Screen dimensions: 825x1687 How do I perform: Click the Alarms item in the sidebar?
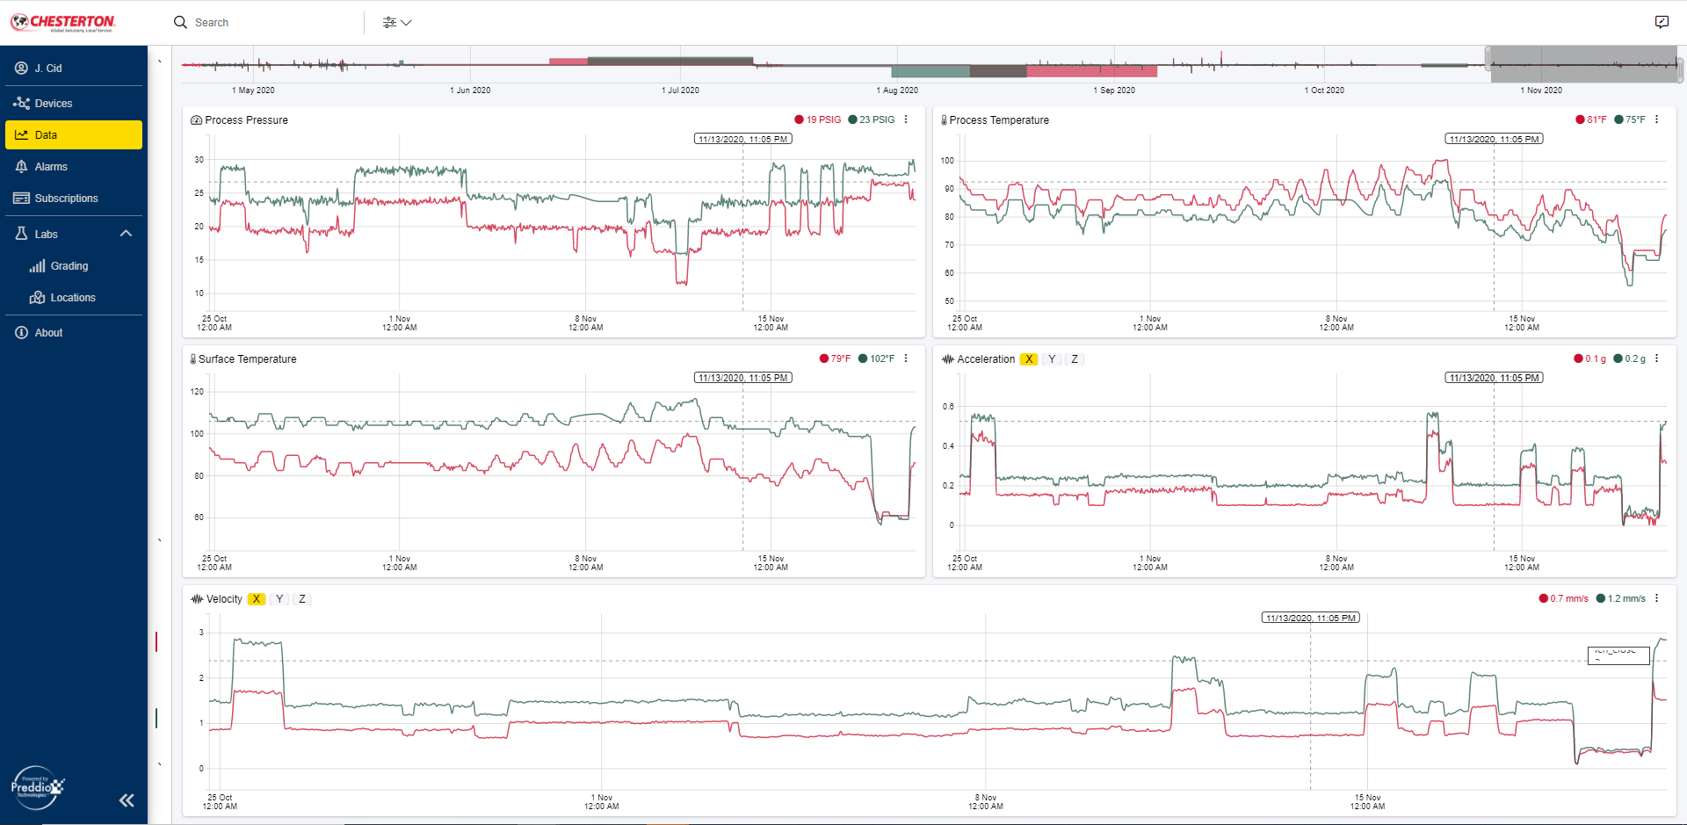click(51, 167)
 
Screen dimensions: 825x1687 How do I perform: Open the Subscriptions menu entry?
click(66, 199)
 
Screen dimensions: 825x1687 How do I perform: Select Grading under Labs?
click(69, 266)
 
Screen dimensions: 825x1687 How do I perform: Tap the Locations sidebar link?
click(72, 298)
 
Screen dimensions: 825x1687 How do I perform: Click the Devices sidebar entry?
click(53, 104)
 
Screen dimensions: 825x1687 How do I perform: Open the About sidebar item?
click(48, 333)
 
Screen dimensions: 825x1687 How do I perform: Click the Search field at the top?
click(264, 23)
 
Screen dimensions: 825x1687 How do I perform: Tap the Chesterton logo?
click(63, 22)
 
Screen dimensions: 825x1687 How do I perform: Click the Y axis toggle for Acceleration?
click(1052, 359)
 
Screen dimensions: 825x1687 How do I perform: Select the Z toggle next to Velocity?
click(302, 599)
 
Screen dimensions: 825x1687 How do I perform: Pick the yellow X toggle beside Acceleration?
click(1029, 359)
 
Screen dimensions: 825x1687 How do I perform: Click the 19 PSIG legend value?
click(823, 119)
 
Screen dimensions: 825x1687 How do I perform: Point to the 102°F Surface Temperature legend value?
click(881, 358)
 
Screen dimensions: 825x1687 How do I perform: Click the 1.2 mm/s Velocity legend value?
click(1625, 598)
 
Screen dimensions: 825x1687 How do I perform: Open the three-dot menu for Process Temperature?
click(1657, 119)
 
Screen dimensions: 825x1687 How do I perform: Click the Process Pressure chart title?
click(246, 120)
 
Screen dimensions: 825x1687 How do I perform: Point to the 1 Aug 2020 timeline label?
click(897, 90)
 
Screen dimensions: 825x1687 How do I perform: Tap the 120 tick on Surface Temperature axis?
click(197, 392)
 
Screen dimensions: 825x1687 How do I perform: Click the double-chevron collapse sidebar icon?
click(127, 800)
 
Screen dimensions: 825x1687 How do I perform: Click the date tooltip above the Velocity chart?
click(1310, 618)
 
